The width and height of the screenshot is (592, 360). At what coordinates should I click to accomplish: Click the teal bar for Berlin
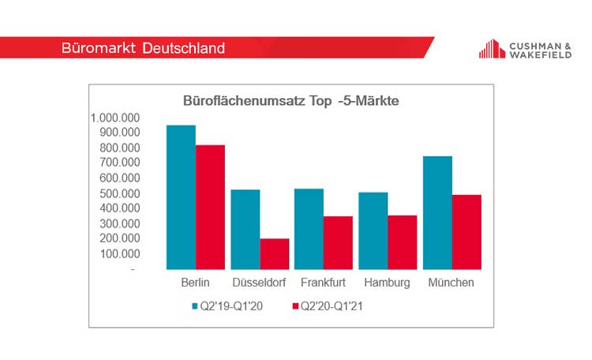[x=181, y=197]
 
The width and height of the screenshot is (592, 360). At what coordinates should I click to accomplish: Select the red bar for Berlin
[x=210, y=207]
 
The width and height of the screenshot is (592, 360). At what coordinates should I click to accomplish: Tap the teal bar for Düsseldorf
[x=245, y=230]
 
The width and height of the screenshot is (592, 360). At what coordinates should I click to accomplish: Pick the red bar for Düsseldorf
[x=274, y=253]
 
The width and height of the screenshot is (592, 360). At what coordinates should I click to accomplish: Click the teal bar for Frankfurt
[x=309, y=229]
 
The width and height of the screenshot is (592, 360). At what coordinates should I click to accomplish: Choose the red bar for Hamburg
[x=403, y=242]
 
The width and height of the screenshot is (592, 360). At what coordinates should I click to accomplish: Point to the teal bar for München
[x=437, y=213]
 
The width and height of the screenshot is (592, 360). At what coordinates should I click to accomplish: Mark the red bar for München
[x=466, y=232]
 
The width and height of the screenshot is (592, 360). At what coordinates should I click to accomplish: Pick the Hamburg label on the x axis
[x=388, y=283]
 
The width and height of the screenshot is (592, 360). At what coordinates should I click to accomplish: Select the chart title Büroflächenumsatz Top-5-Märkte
[x=291, y=101]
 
